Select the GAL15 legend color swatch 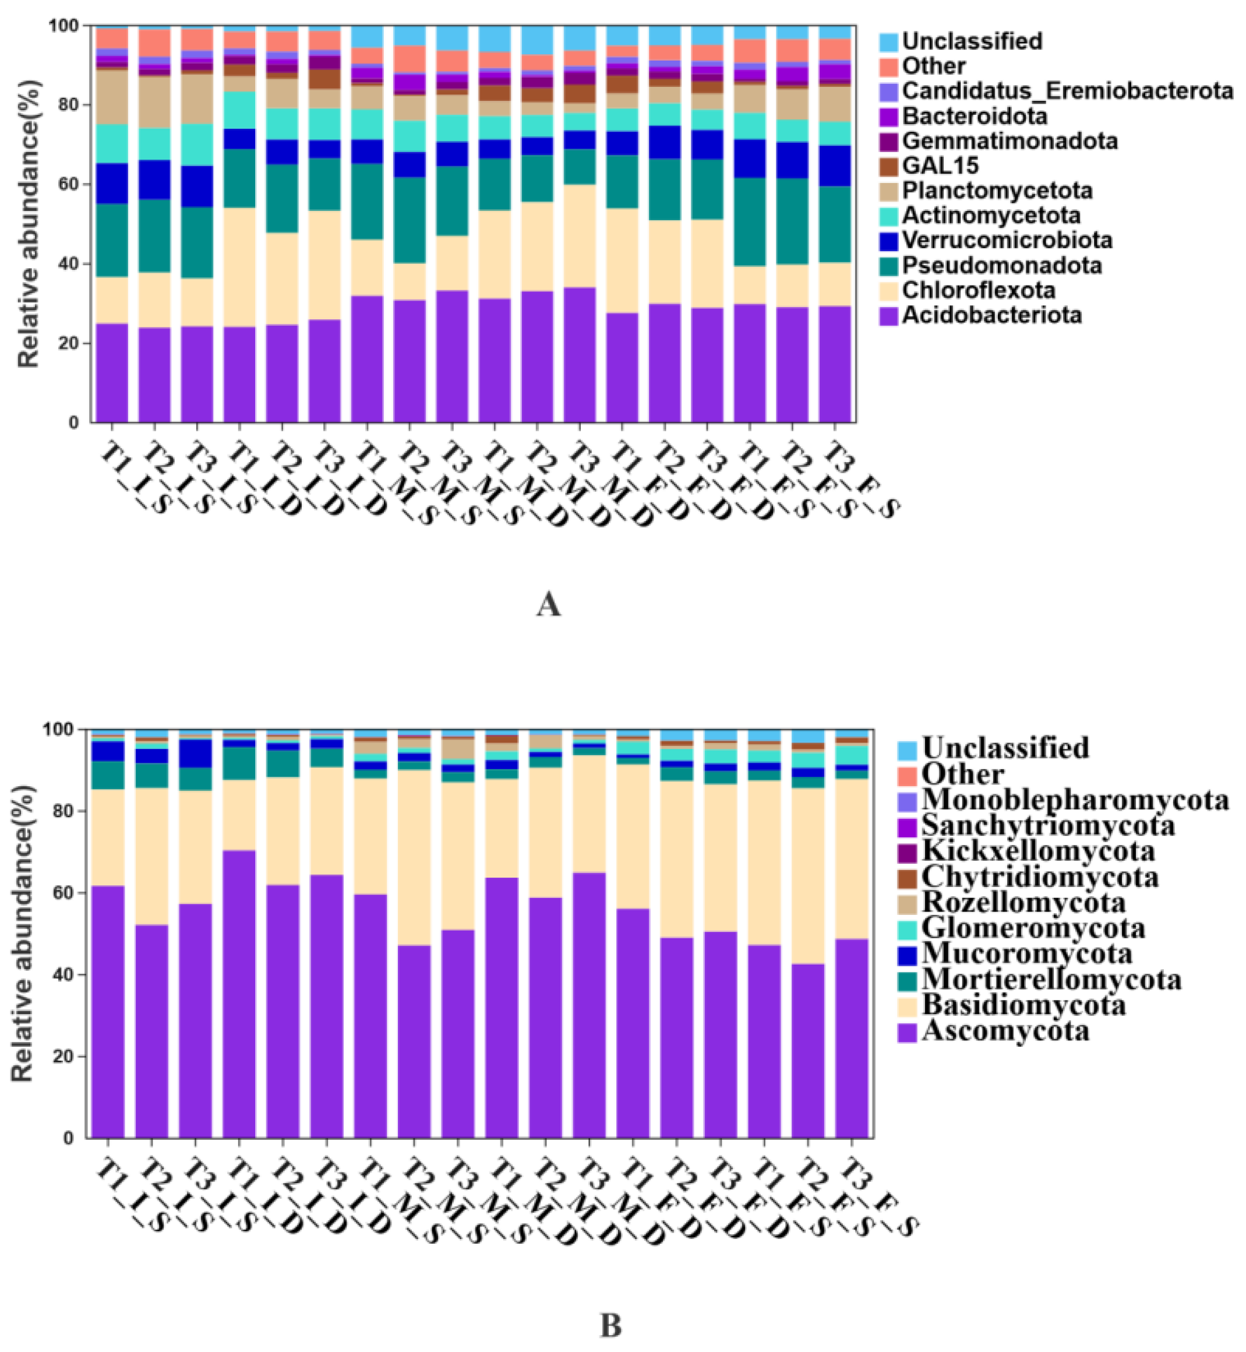(x=890, y=166)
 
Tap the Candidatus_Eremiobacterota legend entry (x=1067, y=90)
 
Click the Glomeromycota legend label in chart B (x=1033, y=928)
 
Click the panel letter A (x=548, y=604)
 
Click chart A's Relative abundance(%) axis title (x=29, y=224)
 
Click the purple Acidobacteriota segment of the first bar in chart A (x=112, y=372)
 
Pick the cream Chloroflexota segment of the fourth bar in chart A (x=239, y=267)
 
